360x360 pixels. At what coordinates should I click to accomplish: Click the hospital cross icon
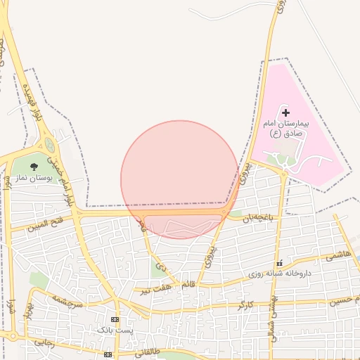point(285,112)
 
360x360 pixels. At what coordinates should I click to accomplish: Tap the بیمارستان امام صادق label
point(285,129)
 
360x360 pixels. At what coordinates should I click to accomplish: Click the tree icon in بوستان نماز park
point(34,167)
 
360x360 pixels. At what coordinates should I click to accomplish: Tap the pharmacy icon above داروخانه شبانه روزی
point(280,262)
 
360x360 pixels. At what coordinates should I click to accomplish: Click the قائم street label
point(188,285)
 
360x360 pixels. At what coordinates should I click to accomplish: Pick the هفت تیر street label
point(154,288)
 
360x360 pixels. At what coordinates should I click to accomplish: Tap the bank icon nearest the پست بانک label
point(115,319)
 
